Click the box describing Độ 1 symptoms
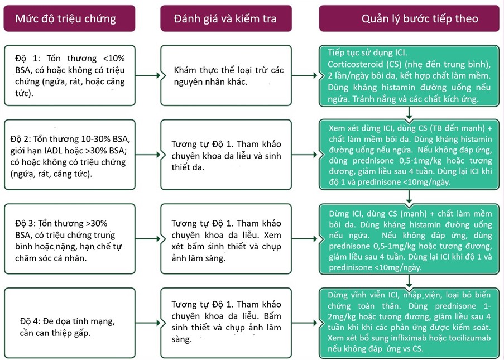point(70,75)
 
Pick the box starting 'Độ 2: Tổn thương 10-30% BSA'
point(70,155)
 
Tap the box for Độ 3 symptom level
point(70,239)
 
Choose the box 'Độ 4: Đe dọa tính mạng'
point(70,323)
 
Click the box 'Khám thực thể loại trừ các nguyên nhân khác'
point(226,75)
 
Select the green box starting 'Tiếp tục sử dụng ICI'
point(409,76)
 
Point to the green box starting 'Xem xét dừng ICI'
point(409,155)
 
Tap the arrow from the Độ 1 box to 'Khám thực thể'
point(148,75)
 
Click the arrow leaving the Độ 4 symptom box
point(148,323)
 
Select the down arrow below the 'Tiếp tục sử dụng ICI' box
point(409,113)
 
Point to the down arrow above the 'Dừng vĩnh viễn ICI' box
point(409,281)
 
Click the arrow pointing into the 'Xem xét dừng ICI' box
point(305,155)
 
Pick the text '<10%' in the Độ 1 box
point(114,59)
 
